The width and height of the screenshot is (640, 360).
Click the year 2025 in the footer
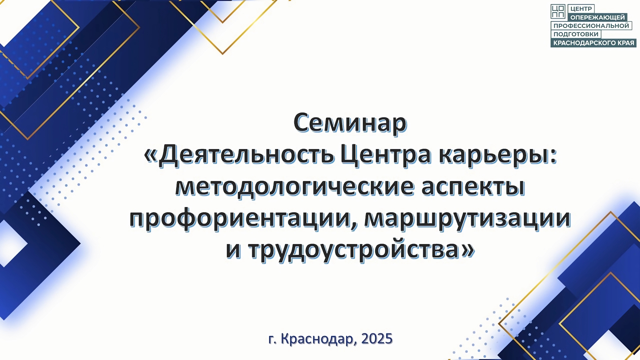377,339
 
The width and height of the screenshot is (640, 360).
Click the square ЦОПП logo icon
558,11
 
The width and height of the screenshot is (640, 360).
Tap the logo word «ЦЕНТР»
581,9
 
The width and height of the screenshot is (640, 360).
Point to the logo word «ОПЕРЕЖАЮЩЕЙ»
597,17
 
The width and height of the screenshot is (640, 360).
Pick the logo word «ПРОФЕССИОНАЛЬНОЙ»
591,26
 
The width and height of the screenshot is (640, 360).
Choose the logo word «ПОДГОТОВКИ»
576,34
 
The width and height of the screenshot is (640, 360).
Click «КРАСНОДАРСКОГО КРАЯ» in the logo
594,43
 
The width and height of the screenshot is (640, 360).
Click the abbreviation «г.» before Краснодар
273,339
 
